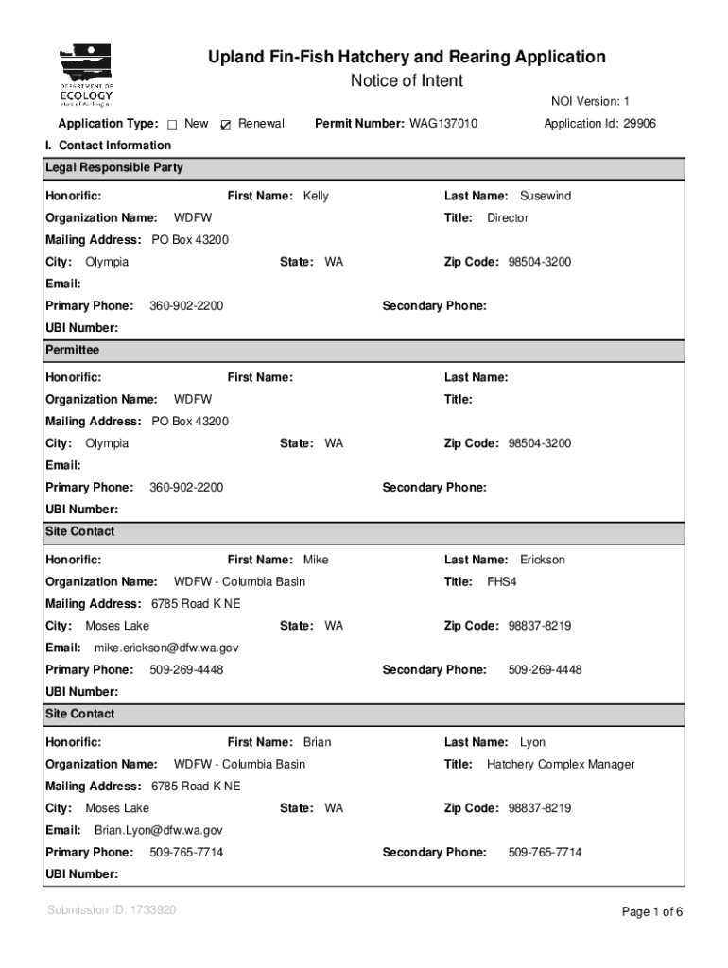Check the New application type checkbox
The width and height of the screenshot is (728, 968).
[173, 125]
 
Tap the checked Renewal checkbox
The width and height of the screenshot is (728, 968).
[225, 125]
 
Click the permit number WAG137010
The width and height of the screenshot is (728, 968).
[442, 124]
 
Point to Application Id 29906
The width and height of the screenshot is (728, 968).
[599, 124]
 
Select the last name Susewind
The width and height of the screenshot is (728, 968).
[545, 197]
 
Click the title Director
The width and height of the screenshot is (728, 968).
[507, 218]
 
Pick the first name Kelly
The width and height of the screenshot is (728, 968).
[316, 197]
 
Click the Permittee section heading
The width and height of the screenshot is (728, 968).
[72, 350]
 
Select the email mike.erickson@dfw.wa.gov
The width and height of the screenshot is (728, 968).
[166, 648]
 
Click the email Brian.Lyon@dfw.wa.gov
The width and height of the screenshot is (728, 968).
[158, 831]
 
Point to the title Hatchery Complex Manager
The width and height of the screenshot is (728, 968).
[560, 765]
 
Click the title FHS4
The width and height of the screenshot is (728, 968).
[501, 582]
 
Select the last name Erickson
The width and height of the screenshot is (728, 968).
[542, 561]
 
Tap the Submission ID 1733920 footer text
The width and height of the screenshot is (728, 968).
[111, 910]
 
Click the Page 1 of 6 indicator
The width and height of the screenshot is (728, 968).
[651, 912]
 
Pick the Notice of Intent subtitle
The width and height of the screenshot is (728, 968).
[407, 81]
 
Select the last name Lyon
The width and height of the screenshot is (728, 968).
[532, 743]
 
